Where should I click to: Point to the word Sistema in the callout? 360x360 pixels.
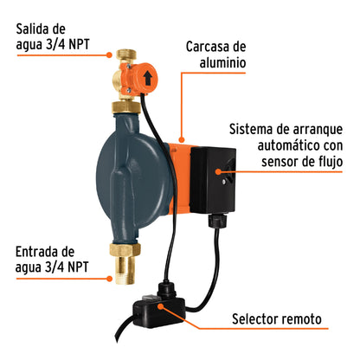click(255, 129)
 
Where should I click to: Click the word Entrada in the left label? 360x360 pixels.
click(39, 252)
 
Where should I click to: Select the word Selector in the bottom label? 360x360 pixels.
click(259, 319)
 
